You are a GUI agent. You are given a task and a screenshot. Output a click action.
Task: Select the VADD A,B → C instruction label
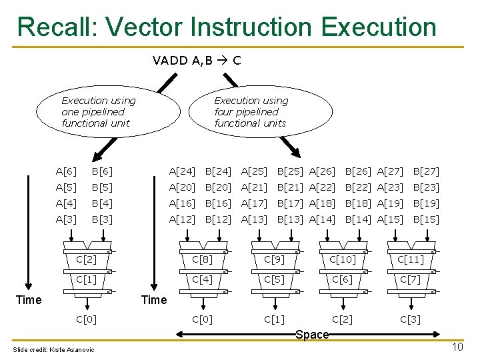197,61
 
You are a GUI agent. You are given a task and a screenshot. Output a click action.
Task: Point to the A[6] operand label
66,171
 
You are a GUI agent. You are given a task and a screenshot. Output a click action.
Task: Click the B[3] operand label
102,219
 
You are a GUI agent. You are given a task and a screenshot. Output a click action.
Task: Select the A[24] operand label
182,171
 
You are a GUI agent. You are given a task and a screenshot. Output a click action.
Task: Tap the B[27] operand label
426,171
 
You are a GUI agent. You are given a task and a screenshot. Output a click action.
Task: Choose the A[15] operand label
390,219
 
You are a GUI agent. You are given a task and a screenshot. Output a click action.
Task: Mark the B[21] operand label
290,187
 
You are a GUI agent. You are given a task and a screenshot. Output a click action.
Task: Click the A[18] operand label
322,203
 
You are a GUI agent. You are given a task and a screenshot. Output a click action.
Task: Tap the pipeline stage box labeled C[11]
410,259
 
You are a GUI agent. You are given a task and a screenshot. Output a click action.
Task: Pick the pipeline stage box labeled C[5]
274,279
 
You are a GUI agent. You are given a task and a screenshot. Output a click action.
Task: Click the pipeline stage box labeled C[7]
410,279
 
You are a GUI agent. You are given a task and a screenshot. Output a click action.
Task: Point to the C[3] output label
410,319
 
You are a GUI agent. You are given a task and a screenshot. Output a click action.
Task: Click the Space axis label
312,335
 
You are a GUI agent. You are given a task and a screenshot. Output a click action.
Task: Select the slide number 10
457,347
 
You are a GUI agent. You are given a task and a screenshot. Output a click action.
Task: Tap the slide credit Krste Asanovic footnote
54,350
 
